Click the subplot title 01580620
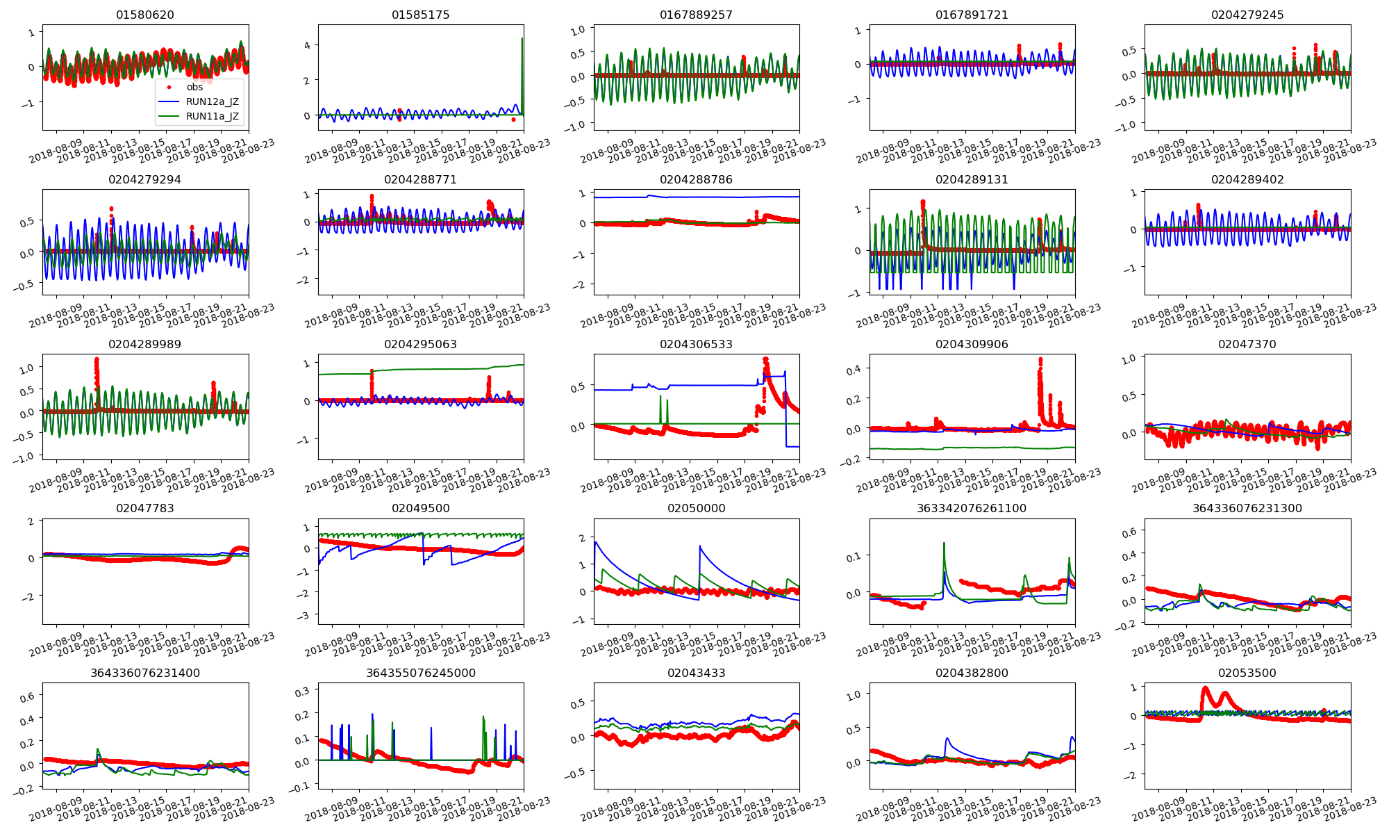[x=145, y=15]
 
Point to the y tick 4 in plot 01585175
[x=308, y=46]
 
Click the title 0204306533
[x=696, y=344]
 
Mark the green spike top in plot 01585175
[x=522, y=38]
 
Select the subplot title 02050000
[x=696, y=508]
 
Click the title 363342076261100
[x=972, y=508]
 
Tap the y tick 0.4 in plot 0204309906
[x=855, y=370]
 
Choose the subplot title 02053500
[x=1247, y=673]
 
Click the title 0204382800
[x=972, y=673]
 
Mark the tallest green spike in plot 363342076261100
[x=945, y=543]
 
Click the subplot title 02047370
[x=1247, y=344]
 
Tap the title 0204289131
[x=972, y=179]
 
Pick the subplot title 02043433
[x=696, y=673]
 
